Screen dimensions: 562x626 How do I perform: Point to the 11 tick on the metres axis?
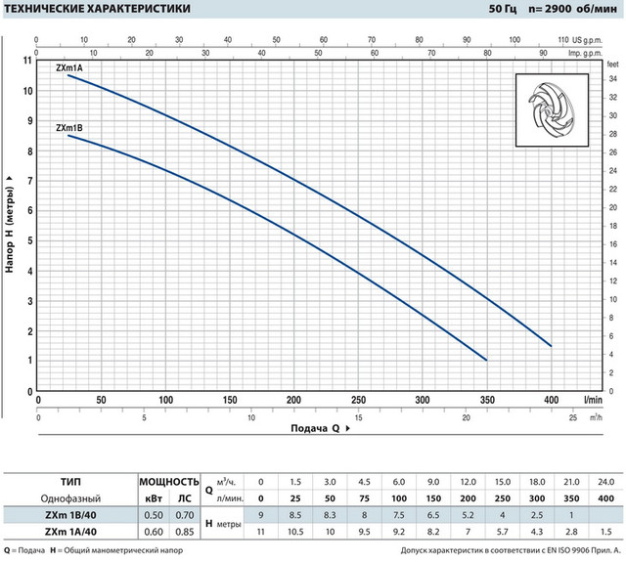(x=28, y=61)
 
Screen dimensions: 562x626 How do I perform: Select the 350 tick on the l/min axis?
(x=486, y=400)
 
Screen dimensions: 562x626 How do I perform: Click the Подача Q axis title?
(x=315, y=428)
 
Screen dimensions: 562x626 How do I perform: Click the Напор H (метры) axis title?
(x=10, y=224)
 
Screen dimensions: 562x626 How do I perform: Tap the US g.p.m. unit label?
(x=591, y=40)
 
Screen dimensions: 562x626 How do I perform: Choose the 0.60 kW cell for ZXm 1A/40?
(x=153, y=532)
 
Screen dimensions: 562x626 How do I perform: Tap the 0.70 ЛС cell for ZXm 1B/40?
(x=184, y=515)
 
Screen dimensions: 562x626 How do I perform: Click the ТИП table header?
(x=68, y=482)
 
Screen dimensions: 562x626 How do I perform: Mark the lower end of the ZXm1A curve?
(x=551, y=346)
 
